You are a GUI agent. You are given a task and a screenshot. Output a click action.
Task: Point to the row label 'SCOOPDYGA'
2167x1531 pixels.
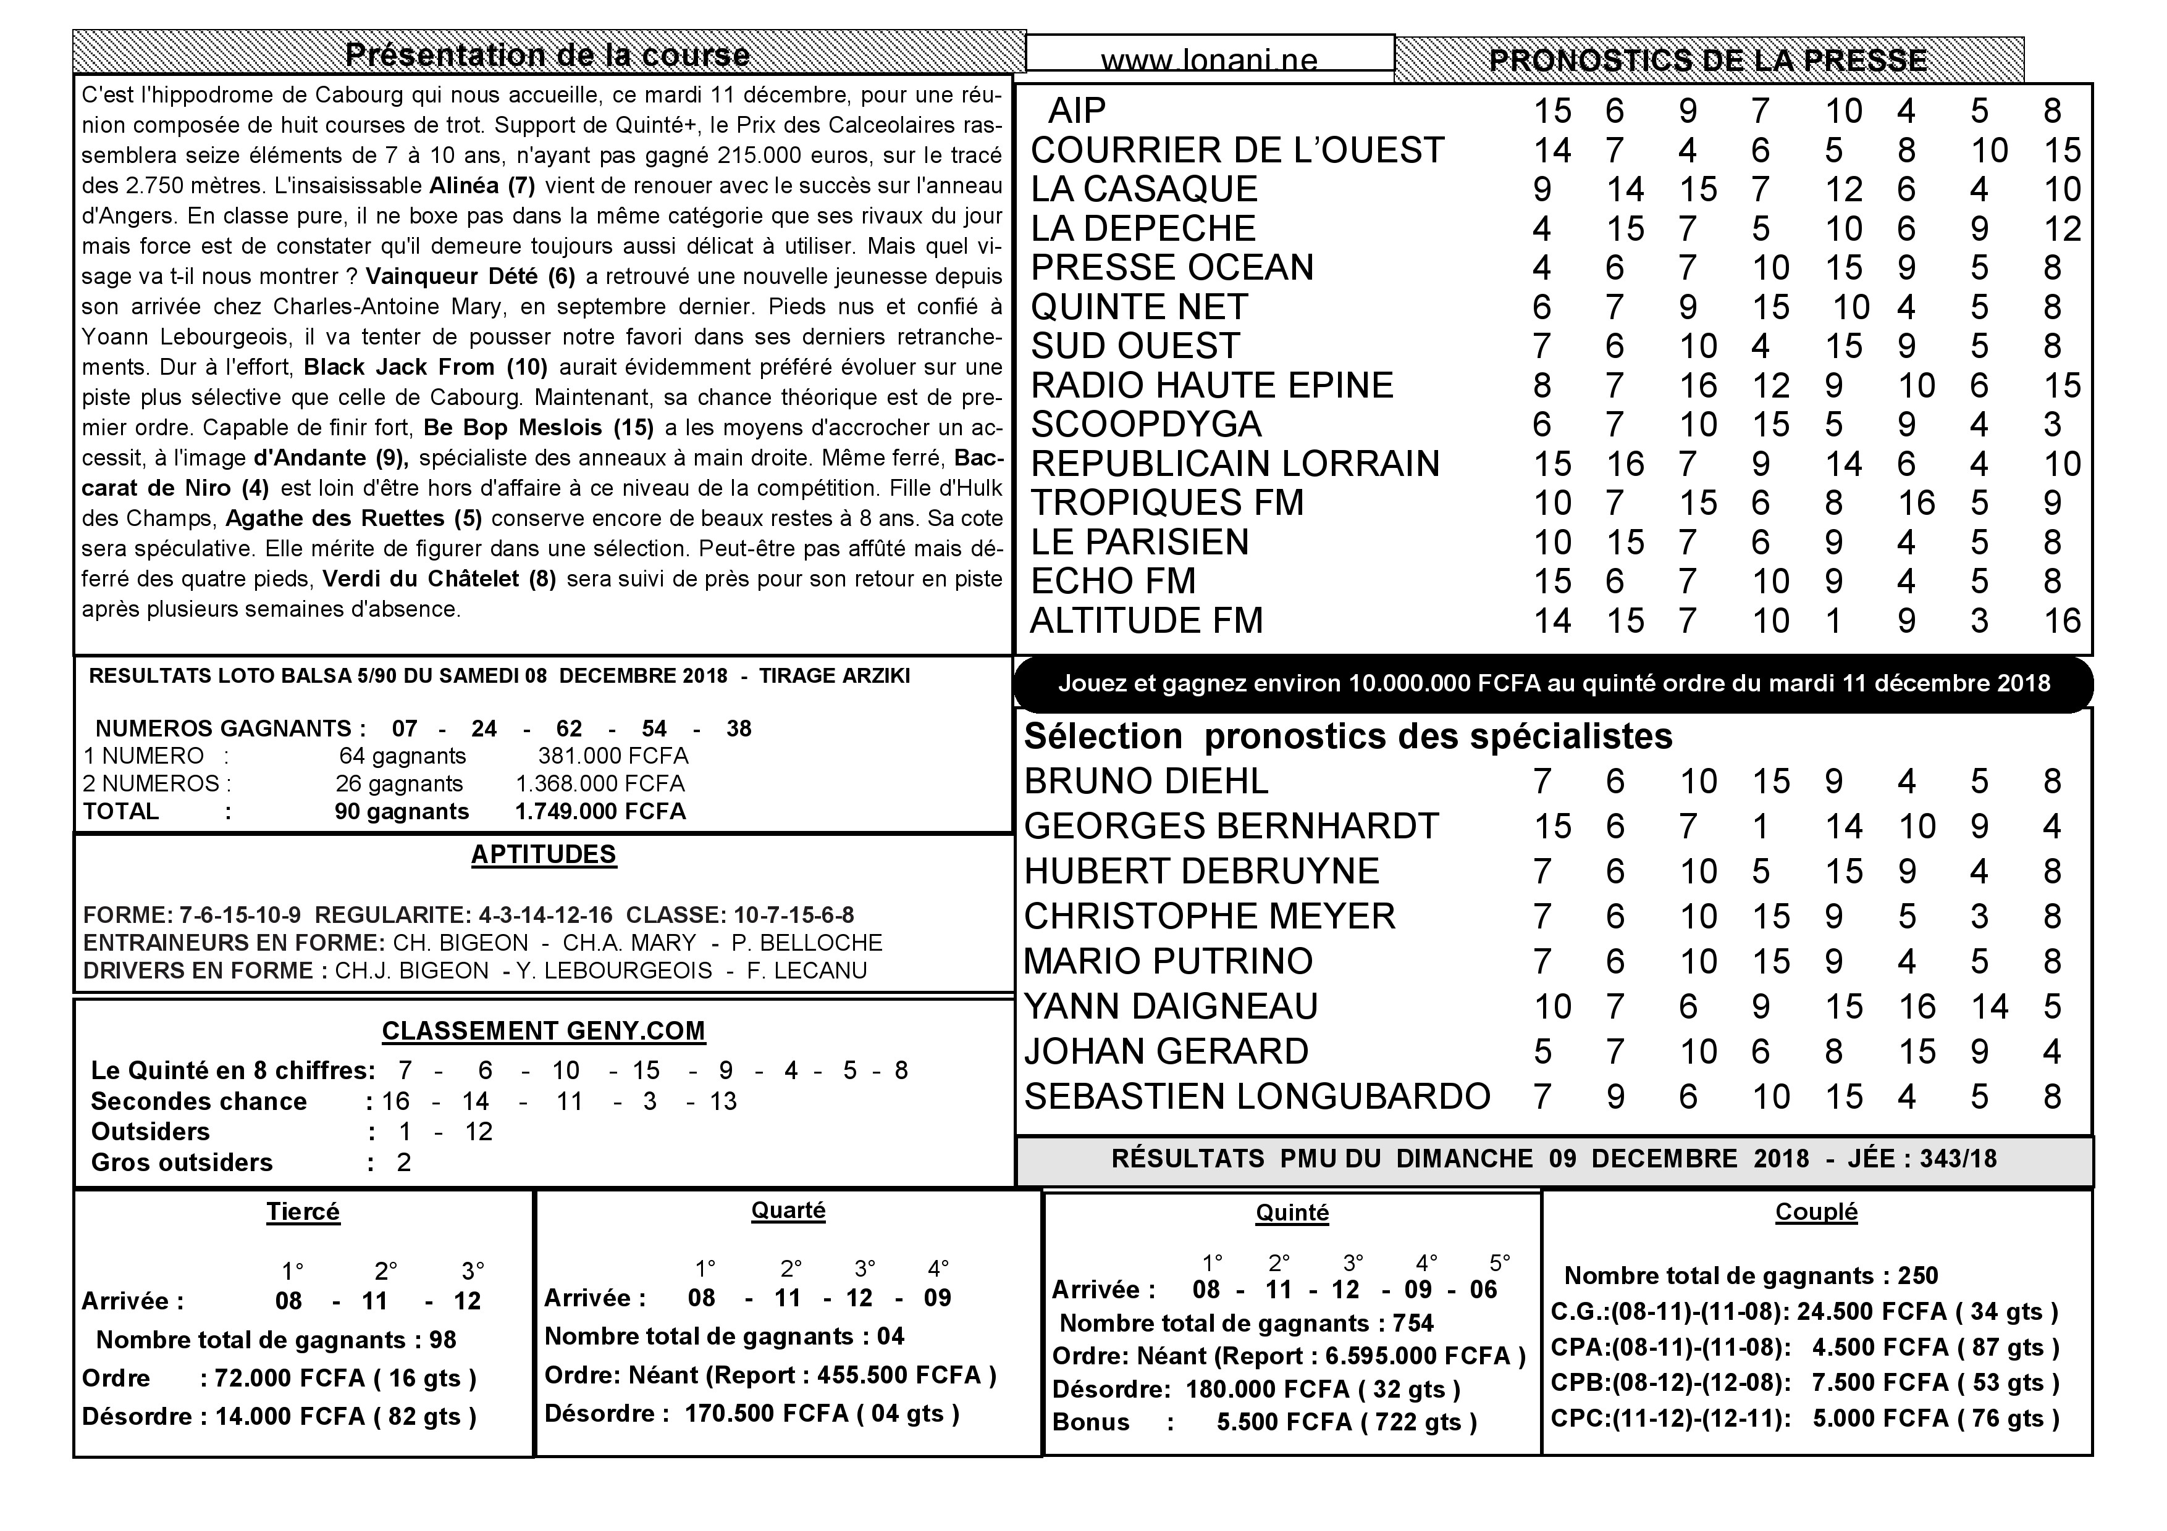(x=1146, y=425)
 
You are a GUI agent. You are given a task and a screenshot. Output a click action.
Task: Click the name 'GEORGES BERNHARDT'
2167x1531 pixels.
(x=1231, y=827)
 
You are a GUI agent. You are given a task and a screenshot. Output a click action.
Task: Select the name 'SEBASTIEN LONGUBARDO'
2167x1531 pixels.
(x=1257, y=1096)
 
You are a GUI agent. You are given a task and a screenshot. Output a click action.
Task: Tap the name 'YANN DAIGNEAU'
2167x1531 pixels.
(x=1171, y=1006)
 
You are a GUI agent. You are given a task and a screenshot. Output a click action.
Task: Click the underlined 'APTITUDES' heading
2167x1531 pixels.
(x=544, y=854)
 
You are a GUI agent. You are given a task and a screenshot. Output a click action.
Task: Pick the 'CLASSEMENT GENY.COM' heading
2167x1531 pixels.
(x=544, y=1031)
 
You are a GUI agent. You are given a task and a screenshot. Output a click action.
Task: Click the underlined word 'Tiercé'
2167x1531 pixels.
(x=303, y=1212)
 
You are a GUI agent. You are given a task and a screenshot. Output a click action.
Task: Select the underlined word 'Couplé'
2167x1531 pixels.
(x=1816, y=1212)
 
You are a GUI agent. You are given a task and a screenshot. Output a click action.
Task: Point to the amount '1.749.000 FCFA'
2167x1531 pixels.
(x=600, y=811)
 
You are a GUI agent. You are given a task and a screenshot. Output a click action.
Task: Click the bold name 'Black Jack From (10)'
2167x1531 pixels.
(x=426, y=367)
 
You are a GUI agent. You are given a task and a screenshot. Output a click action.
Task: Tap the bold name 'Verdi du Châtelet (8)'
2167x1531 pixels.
(x=439, y=578)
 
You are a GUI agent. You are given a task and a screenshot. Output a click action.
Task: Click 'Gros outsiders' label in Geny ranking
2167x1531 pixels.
(x=181, y=1162)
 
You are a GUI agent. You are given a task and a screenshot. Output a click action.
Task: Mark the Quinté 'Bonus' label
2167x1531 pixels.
(x=1090, y=1422)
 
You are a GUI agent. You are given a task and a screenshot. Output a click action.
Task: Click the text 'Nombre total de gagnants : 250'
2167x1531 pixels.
(x=1751, y=1275)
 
